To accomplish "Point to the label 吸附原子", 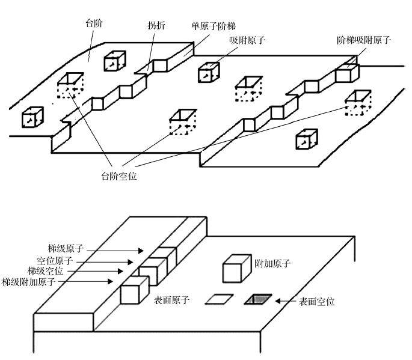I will pyautogui.click(x=247, y=40).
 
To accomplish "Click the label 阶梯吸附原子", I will pyautogui.click(x=364, y=40).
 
